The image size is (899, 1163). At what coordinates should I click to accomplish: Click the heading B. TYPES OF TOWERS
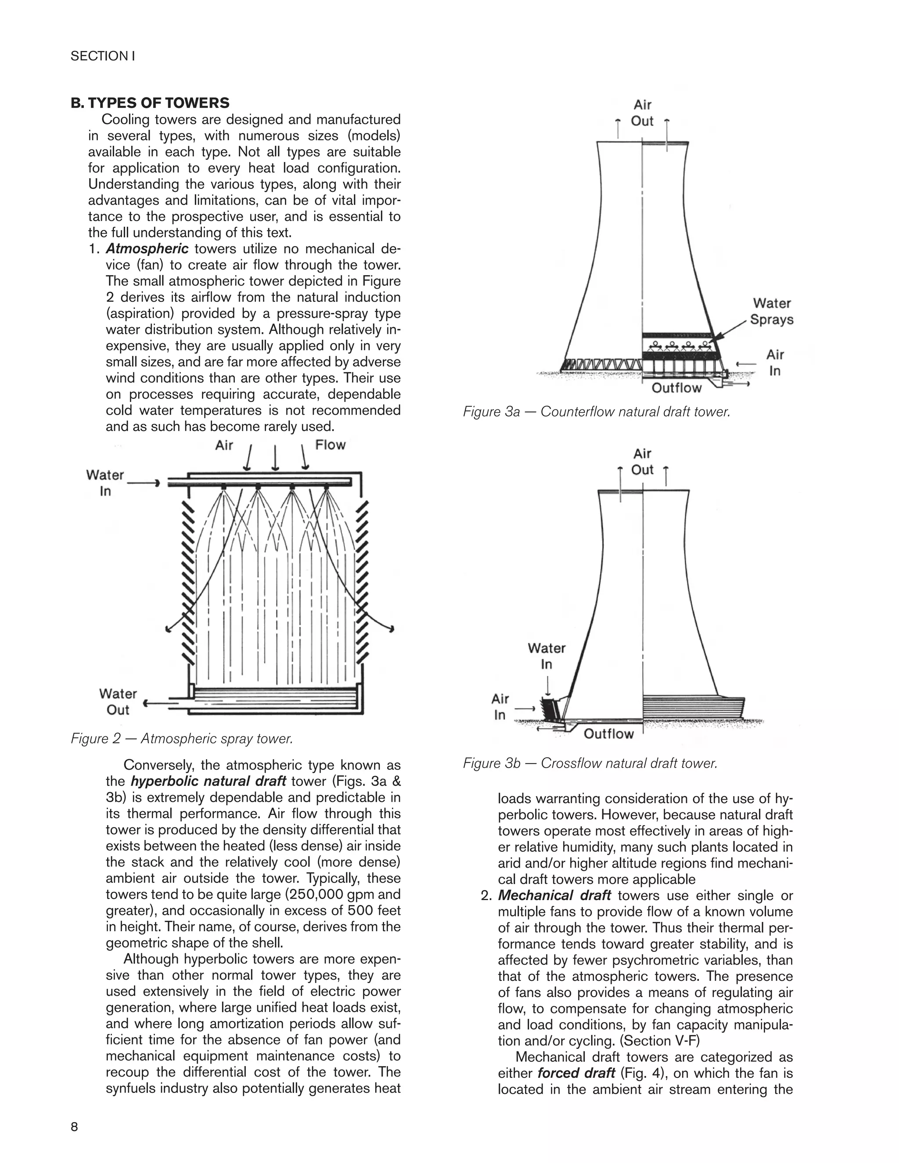[x=150, y=103]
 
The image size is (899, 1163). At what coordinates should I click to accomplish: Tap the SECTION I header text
[x=103, y=56]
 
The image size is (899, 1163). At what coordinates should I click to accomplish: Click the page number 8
[x=75, y=1127]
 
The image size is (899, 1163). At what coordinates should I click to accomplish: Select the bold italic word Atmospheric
[x=147, y=249]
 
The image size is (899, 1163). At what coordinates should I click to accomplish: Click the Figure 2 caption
[x=182, y=739]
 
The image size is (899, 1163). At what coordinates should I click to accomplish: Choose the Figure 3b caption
[x=590, y=763]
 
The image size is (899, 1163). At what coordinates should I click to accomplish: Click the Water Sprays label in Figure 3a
[x=771, y=312]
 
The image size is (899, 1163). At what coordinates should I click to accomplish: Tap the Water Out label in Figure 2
[x=118, y=702]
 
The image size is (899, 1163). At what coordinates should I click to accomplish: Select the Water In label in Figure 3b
[x=547, y=656]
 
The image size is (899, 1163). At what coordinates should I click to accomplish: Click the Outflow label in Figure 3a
[x=676, y=388]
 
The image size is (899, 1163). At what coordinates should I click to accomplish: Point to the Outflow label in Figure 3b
[x=609, y=734]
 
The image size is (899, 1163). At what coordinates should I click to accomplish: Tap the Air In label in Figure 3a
[x=775, y=363]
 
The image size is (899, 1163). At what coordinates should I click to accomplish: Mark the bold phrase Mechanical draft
[x=554, y=895]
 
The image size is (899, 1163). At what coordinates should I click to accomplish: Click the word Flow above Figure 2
[x=330, y=445]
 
